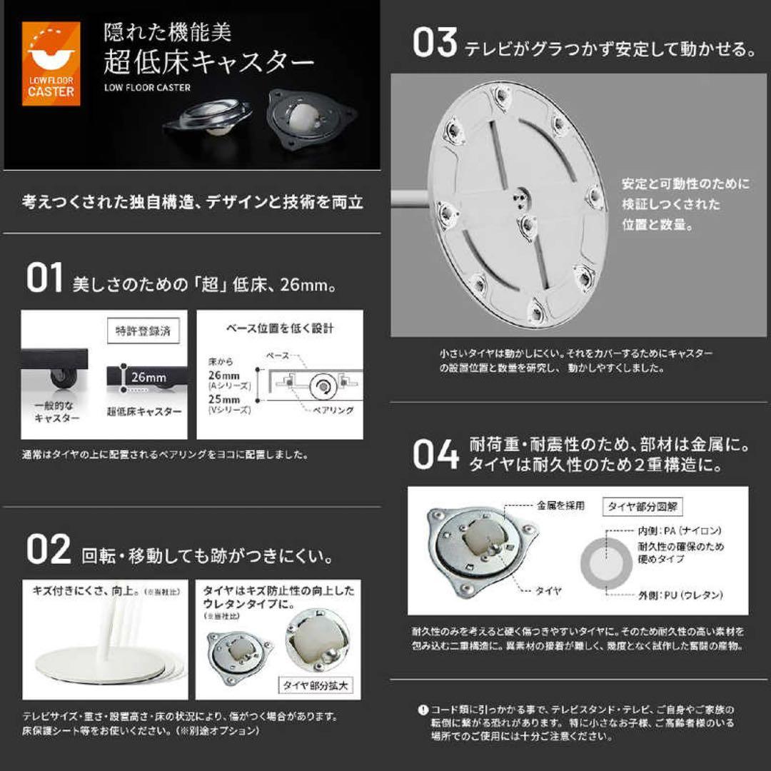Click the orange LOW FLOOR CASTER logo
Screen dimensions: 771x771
pyautogui.click(x=51, y=64)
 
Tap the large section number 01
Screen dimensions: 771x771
pyautogui.click(x=45, y=278)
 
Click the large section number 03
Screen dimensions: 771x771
pyautogui.click(x=434, y=44)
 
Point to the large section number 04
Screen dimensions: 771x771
pyautogui.click(x=435, y=455)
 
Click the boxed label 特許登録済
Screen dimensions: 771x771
pyautogui.click(x=143, y=331)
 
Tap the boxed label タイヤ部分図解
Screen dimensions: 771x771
pyautogui.click(x=642, y=507)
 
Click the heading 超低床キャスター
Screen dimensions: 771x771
pyautogui.click(x=208, y=64)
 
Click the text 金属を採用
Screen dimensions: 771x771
pyautogui.click(x=560, y=506)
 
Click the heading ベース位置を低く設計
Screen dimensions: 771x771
pyautogui.click(x=280, y=329)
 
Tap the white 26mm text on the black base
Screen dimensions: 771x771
pyautogui.click(x=148, y=377)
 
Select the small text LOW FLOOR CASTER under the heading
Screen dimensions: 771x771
pyautogui.click(x=147, y=89)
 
